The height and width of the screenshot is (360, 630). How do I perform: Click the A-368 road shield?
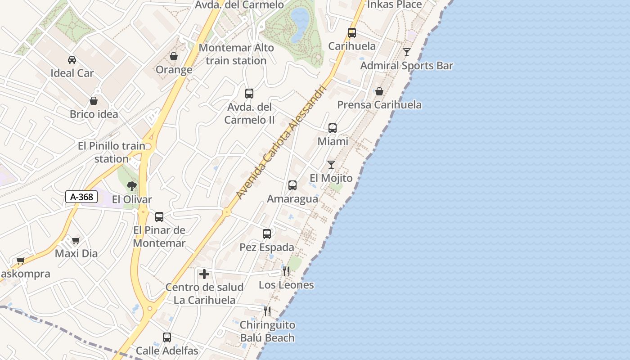coord(81,197)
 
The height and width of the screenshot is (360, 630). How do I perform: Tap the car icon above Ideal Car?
coord(72,59)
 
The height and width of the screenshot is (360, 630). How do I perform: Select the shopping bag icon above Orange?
coord(174,56)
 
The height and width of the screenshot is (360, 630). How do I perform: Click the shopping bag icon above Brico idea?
coord(94,101)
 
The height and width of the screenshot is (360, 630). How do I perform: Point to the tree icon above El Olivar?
coord(131,186)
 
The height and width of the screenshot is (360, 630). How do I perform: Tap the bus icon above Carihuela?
coord(352,33)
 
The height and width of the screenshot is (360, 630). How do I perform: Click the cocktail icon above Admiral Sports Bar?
coord(407,52)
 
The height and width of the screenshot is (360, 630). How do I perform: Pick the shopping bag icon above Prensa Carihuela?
coord(379,91)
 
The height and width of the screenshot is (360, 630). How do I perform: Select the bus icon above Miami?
coord(333,128)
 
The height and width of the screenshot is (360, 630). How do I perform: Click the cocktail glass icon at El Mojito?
coord(331,165)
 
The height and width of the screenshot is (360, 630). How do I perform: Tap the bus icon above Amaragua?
coord(292,185)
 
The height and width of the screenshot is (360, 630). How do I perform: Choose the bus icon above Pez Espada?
coord(267,234)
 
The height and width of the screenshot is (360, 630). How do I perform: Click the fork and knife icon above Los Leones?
coord(286,271)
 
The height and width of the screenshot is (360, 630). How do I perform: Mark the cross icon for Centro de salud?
coord(204,274)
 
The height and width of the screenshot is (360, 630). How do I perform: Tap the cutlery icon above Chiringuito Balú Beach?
coord(267,311)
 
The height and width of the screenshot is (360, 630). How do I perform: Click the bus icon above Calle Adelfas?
coord(167,337)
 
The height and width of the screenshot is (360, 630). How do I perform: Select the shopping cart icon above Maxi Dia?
coord(76,240)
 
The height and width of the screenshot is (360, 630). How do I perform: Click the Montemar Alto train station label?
coord(236,54)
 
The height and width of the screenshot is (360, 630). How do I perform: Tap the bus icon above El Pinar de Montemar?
coord(159,217)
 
